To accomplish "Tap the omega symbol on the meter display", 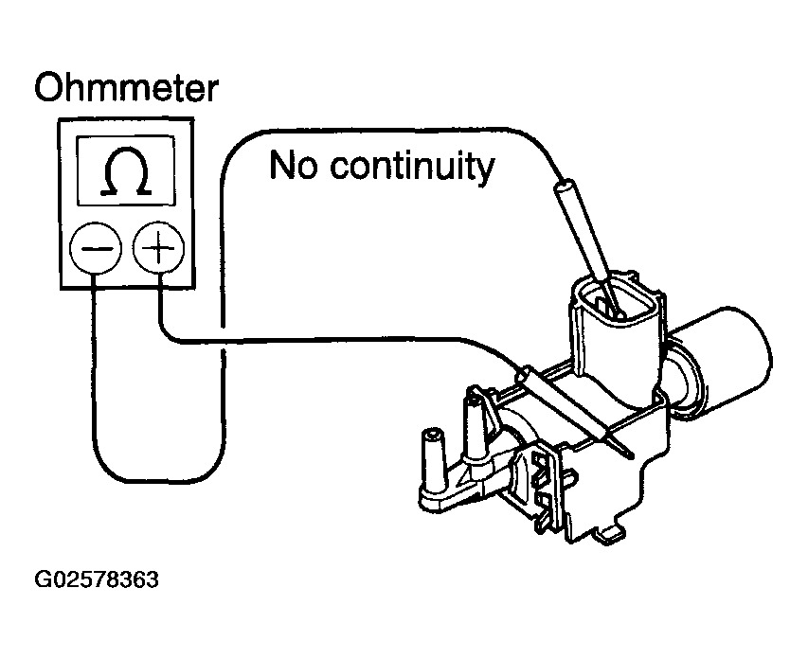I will tap(127, 174).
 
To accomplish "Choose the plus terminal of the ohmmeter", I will tap(158, 251).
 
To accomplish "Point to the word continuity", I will tap(411, 168).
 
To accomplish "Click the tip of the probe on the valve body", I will tap(626, 450).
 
